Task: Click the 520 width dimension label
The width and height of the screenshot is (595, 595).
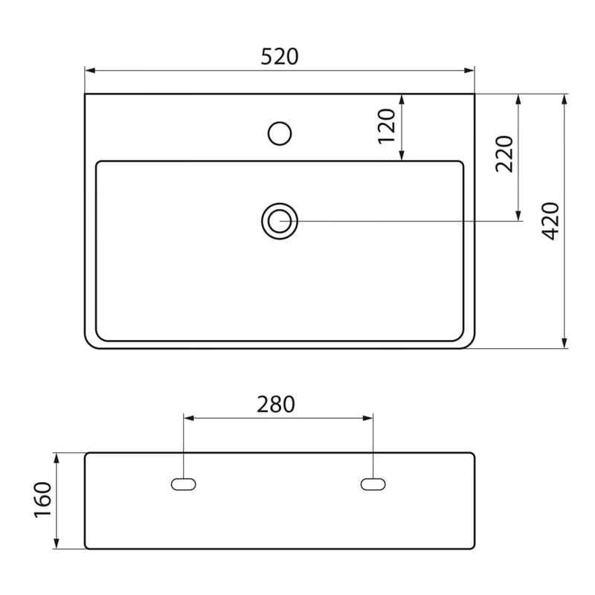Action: tap(280, 57)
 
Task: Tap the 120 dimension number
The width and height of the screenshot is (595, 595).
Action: tap(387, 126)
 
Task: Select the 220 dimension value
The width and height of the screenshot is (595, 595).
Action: tap(504, 154)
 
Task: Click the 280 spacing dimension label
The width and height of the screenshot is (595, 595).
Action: tap(276, 405)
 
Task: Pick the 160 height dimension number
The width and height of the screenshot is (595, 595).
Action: tap(42, 500)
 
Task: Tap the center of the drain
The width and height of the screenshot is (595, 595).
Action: tap(280, 221)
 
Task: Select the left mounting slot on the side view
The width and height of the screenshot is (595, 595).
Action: tap(184, 484)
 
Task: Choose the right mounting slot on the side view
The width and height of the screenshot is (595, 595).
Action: tap(373, 484)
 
